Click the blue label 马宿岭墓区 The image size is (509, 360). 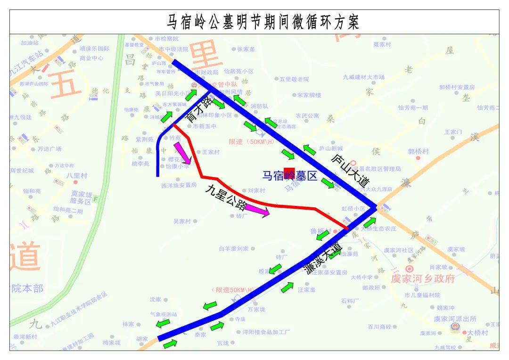coord(290,176)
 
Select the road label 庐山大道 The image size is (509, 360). coord(350,169)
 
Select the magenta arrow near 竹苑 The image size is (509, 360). coord(182,154)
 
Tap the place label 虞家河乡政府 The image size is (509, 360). coord(423,278)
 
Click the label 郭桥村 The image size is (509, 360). coord(418,151)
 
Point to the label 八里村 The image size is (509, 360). coord(77,175)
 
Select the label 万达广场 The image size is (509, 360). coord(49,149)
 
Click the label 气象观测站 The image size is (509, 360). coord(163,314)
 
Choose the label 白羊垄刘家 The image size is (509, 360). coord(233,248)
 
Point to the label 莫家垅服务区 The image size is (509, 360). coord(83,197)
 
